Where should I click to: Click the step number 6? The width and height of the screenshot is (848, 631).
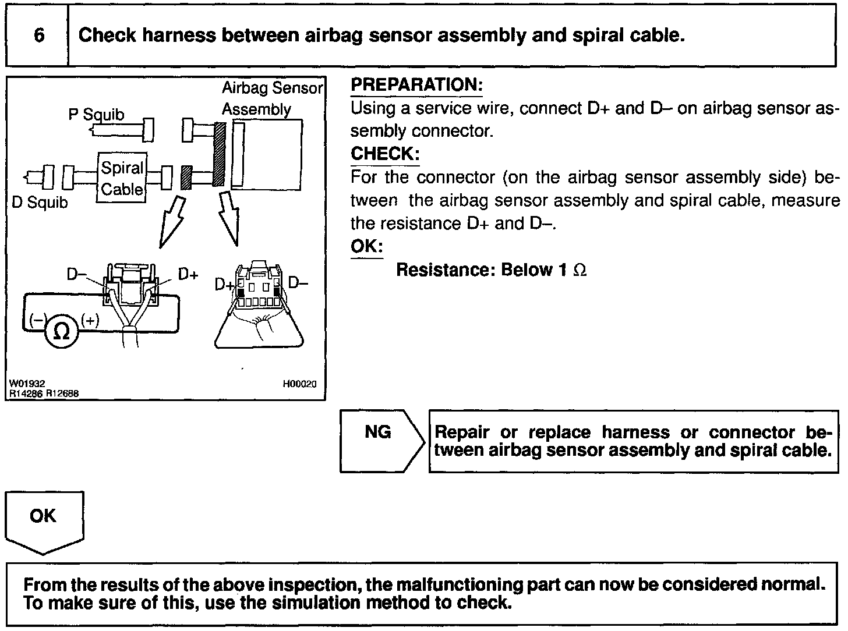(x=39, y=36)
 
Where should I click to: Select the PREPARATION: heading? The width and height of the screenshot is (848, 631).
(x=416, y=85)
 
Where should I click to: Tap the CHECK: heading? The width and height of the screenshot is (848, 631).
(x=385, y=154)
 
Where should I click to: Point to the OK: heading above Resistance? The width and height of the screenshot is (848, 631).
(x=366, y=246)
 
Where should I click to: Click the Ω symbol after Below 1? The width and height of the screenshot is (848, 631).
(x=580, y=270)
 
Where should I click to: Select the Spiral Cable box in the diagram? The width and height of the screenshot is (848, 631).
(x=121, y=178)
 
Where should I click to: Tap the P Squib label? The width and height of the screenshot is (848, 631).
(x=96, y=114)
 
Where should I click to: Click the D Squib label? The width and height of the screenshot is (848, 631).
(x=40, y=203)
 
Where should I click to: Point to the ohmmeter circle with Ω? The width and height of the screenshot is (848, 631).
(x=61, y=331)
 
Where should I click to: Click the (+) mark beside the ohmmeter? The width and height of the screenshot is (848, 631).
(x=91, y=320)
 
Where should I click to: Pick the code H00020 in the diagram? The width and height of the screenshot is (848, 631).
(x=299, y=384)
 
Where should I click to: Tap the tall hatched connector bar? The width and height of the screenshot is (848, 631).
(x=219, y=154)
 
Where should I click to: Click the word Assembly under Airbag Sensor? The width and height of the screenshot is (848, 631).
(x=256, y=109)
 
